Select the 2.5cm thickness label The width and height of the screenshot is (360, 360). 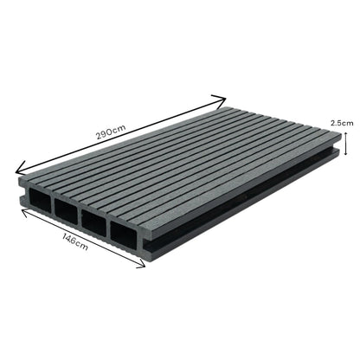click(344, 124)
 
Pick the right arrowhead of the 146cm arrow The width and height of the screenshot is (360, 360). click(144, 270)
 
